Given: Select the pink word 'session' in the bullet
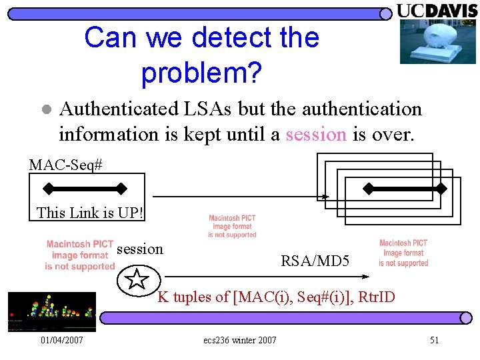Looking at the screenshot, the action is [315, 134].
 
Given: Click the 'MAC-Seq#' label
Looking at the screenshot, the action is [65, 163].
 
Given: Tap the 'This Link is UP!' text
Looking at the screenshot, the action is [90, 213].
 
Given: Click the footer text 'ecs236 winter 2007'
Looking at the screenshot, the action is [239, 341].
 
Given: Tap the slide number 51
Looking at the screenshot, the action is [434, 341].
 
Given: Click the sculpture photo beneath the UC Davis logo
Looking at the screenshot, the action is [437, 41].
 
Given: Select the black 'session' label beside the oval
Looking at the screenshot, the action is [139, 249].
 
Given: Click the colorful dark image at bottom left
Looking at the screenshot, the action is [51, 311].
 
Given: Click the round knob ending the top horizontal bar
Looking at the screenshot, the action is [385, 13].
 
